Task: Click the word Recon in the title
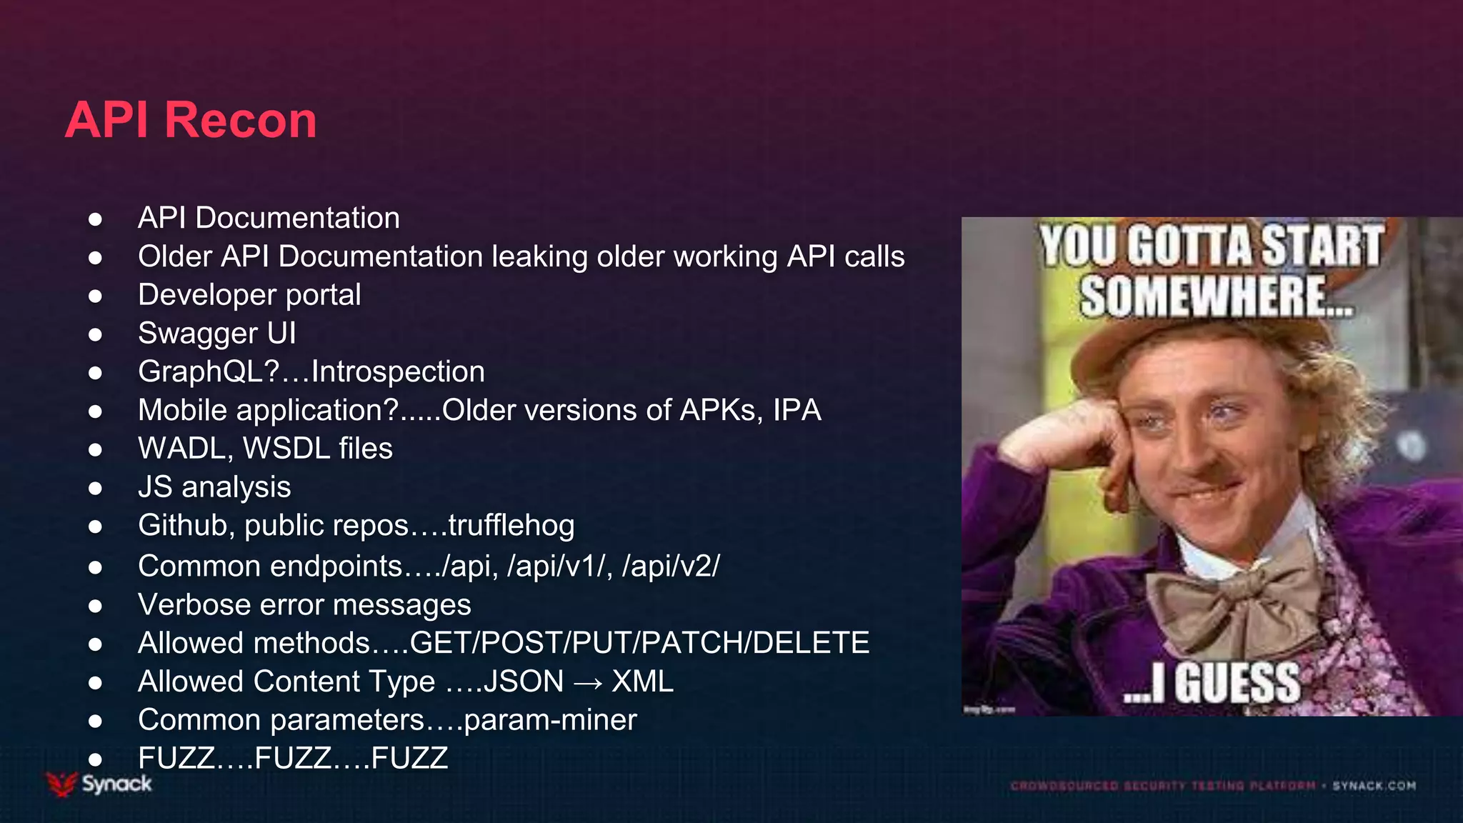pos(241,120)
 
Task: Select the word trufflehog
pos(511,526)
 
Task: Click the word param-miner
pos(550,720)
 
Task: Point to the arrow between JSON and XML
pos(588,683)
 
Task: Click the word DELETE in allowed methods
pos(811,643)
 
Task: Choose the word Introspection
pos(398,372)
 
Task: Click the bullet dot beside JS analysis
pos(95,489)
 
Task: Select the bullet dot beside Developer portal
pos(95,296)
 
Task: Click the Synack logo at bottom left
pos(100,784)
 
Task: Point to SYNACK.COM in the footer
pos(1374,786)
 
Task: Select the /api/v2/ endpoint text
pos(671,567)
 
